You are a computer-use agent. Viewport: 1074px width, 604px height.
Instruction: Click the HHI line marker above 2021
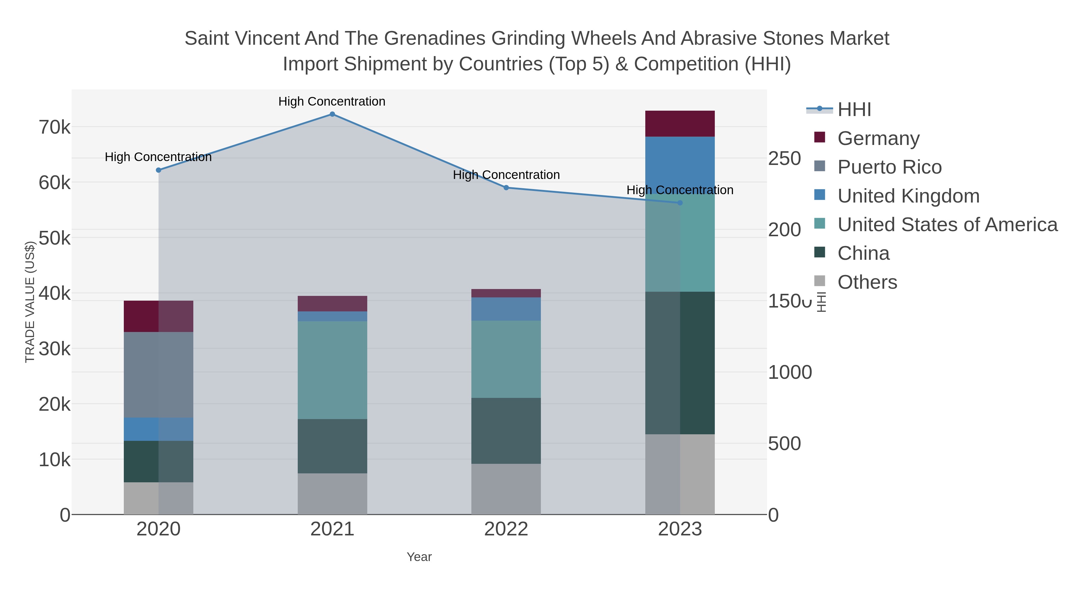[332, 114]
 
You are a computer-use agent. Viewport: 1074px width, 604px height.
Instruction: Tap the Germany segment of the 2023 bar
[680, 124]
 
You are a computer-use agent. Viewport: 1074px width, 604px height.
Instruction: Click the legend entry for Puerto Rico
[889, 167]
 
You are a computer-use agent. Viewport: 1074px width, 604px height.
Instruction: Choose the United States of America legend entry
[947, 225]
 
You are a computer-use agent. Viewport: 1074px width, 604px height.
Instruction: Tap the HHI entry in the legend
[854, 110]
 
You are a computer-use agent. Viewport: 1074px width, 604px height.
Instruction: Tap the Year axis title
[419, 557]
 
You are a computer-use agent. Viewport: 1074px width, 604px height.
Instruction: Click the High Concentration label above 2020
[158, 157]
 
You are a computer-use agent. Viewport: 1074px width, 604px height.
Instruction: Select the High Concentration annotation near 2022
[506, 175]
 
